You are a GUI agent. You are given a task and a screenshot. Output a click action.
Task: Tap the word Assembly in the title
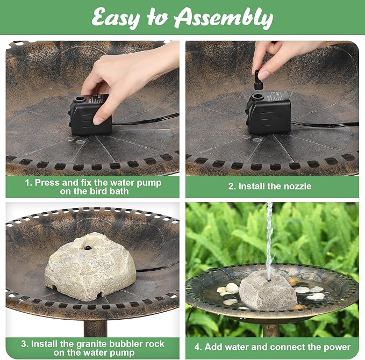coord(224,18)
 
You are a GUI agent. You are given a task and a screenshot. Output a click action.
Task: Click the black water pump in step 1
coord(90,115)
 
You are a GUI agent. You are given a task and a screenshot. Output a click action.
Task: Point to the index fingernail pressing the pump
coord(98,120)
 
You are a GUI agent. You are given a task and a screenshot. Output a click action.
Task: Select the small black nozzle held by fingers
coord(258,80)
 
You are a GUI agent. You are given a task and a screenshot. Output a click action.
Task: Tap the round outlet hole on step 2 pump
coord(257,96)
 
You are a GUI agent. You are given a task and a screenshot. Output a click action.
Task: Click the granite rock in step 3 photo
coord(90,266)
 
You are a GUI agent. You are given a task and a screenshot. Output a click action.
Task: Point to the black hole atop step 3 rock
coord(88,248)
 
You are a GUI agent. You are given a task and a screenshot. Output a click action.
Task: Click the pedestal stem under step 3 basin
coord(95,328)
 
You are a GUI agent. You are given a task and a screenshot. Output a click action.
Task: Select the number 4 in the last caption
coord(198,347)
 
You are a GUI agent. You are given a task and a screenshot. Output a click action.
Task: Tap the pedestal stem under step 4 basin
coord(271,330)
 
